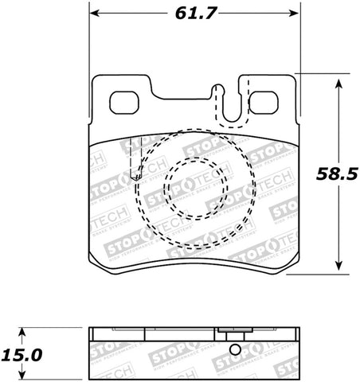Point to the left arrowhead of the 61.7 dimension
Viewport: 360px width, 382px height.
click(x=93, y=14)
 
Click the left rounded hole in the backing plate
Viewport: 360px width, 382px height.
click(x=123, y=103)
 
